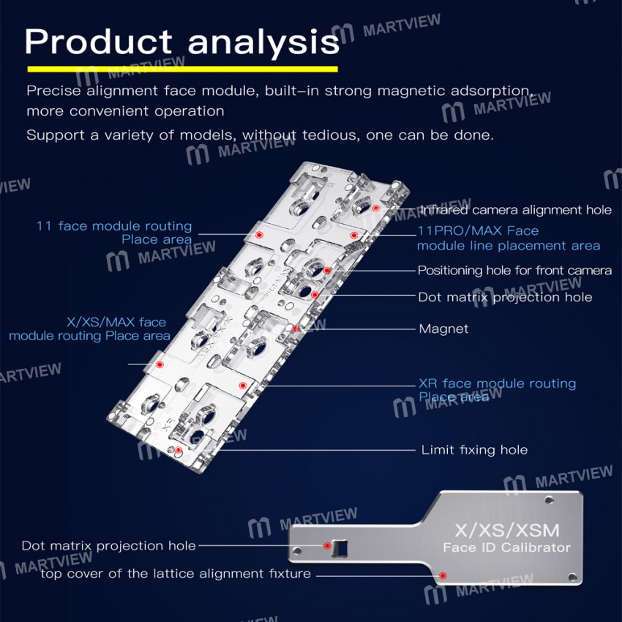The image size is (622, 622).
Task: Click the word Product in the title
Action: (98, 41)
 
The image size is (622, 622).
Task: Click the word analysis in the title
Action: (263, 43)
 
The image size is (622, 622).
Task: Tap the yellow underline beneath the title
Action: (182, 69)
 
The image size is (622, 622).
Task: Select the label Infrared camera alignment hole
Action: (516, 210)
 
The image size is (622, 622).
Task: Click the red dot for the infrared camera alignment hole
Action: (376, 209)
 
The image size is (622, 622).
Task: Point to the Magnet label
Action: (443, 329)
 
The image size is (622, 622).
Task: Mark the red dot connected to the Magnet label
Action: (296, 329)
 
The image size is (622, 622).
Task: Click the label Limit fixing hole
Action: (474, 450)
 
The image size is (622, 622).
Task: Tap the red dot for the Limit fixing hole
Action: (179, 450)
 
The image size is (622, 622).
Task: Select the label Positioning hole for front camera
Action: (514, 271)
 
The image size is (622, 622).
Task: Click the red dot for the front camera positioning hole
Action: (326, 271)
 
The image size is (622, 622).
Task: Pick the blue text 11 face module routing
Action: (114, 226)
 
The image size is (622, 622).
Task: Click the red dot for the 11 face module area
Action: (259, 235)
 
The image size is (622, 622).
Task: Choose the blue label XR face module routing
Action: (498, 383)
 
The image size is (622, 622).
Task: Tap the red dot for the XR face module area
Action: (243, 385)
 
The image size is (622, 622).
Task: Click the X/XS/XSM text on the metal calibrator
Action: (507, 531)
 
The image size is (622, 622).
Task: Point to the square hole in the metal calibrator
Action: (340, 547)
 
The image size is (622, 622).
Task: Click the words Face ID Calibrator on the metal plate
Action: (507, 548)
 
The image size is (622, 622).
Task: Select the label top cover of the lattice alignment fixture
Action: (176, 574)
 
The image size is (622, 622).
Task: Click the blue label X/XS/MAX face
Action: (116, 322)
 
